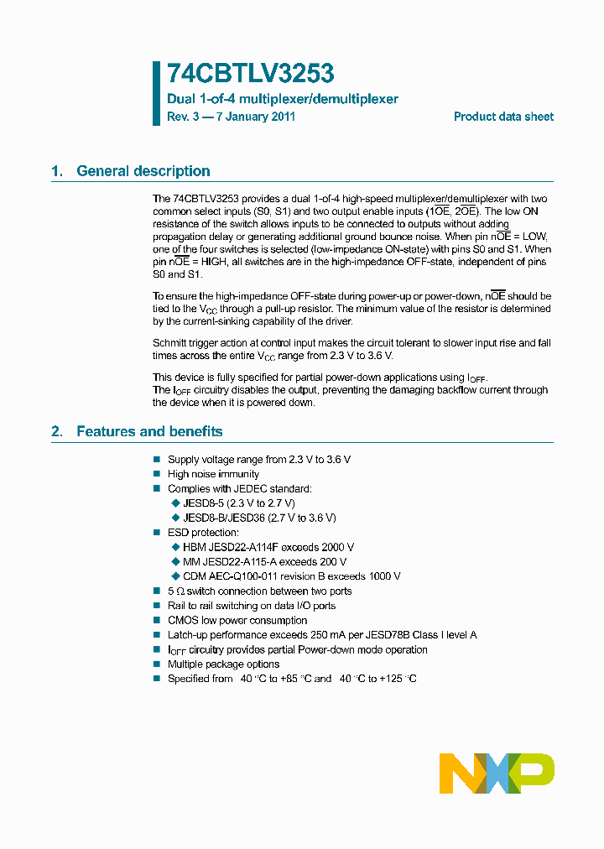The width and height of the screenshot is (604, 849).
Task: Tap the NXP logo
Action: click(x=497, y=773)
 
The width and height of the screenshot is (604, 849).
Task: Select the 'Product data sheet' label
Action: click(x=503, y=117)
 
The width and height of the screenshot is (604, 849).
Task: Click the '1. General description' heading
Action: click(x=131, y=171)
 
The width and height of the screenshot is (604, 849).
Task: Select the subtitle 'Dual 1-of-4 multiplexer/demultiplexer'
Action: click(x=283, y=99)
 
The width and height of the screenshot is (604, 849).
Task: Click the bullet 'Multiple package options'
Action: click(x=223, y=664)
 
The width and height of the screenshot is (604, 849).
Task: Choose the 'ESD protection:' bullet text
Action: click(x=203, y=533)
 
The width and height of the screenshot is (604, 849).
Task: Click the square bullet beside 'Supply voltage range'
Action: click(x=156, y=460)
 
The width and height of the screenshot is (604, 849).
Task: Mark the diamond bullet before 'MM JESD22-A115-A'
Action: click(x=175, y=562)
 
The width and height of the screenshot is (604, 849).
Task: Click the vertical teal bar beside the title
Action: click(x=156, y=93)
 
